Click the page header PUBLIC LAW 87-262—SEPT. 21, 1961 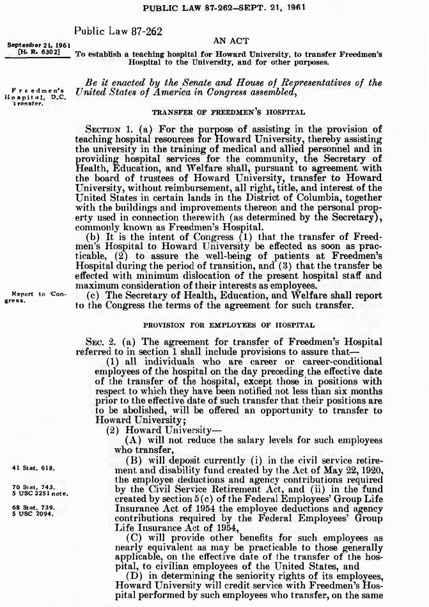[224, 10]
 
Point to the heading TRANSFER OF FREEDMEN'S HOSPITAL [228, 111]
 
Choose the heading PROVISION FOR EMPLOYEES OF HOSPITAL [228, 325]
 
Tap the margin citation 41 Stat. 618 [31, 469]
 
